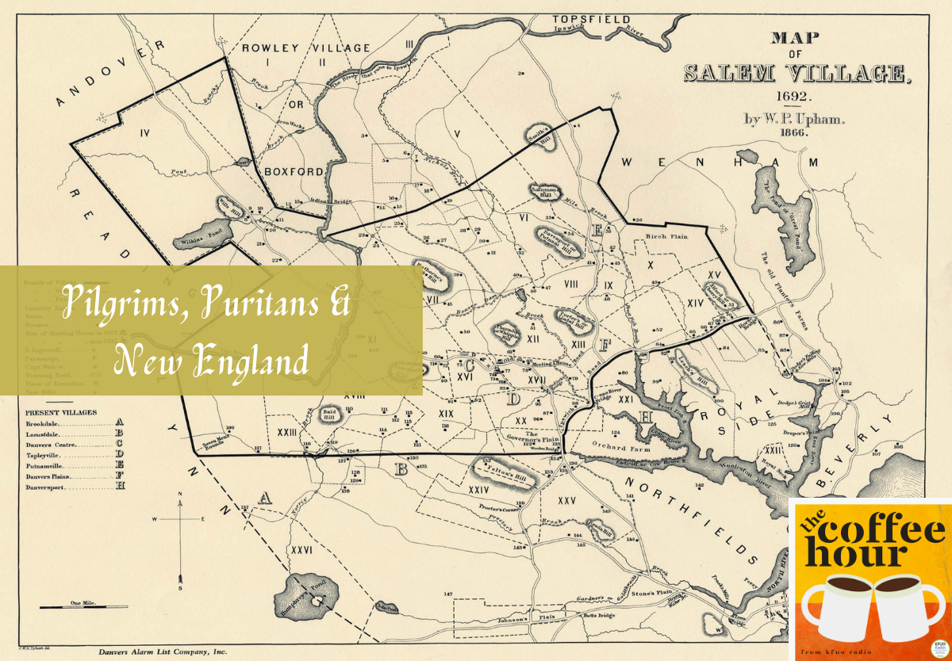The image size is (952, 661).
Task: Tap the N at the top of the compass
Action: point(180,495)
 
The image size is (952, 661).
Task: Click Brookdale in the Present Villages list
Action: point(45,425)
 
